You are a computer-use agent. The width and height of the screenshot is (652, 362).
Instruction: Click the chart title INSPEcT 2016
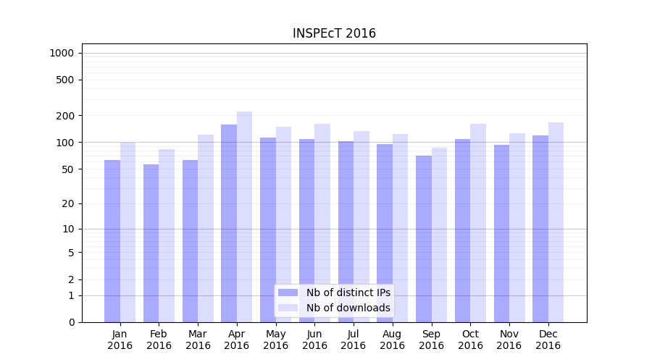tap(334, 33)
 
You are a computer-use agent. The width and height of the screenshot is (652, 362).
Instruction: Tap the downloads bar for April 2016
tap(244, 216)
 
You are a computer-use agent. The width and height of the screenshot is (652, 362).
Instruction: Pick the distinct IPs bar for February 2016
tap(151, 243)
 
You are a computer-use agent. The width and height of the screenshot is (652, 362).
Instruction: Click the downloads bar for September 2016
tap(439, 235)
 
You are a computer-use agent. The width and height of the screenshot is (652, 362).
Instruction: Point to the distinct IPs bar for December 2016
tap(540, 229)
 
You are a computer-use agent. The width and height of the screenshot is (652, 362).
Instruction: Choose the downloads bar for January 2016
tap(128, 232)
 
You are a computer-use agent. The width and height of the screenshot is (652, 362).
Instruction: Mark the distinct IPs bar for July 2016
tap(346, 232)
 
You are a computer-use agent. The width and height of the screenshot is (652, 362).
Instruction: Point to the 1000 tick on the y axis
tap(62, 53)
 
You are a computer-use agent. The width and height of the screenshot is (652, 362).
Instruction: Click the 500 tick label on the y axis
tap(64, 80)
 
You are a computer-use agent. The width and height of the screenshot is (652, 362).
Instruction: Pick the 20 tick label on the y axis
tap(67, 203)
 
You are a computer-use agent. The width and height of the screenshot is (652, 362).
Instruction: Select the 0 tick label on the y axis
tap(71, 322)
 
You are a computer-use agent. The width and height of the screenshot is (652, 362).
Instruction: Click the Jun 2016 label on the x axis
tap(314, 340)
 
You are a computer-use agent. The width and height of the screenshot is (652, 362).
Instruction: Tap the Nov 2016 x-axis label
tap(509, 340)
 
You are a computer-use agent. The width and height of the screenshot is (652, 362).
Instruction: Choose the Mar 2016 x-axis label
tap(198, 340)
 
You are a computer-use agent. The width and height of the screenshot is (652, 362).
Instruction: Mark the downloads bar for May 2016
tap(283, 224)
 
